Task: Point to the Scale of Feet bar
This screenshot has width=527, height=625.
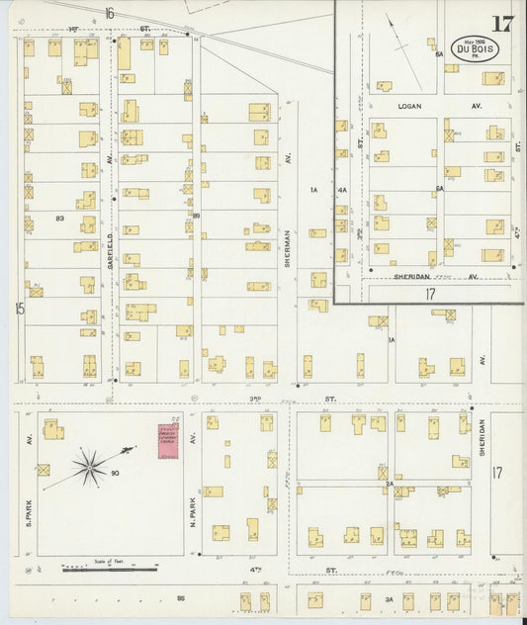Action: coord(109,569)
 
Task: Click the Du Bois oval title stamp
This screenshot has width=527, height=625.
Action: coord(475,48)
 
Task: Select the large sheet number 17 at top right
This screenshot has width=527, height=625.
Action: coord(502,24)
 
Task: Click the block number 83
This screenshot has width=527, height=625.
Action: coord(60,217)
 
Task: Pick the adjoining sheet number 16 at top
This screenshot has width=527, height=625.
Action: coord(109,13)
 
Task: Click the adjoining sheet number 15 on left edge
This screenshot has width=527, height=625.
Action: coord(19,309)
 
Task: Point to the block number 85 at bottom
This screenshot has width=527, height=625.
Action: coord(181,598)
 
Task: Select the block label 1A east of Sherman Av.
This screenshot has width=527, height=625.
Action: coord(313,190)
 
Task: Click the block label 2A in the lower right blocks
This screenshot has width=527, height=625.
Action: coord(391,483)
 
